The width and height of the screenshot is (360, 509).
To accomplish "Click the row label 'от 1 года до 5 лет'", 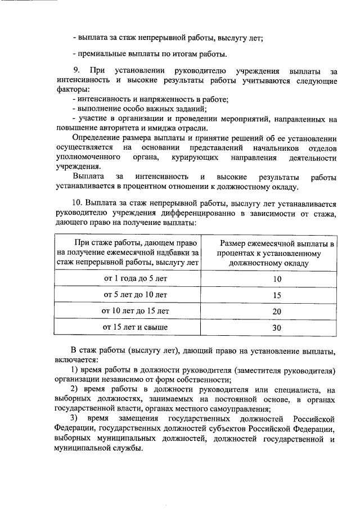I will tap(136, 278).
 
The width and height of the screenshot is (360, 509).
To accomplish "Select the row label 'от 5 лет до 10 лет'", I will tap(136, 294).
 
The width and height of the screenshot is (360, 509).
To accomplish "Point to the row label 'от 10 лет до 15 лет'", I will tap(136, 310).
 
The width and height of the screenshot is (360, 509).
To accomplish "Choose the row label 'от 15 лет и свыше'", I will tap(136, 326).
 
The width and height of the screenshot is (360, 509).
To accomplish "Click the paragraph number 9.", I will tap(76, 71).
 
